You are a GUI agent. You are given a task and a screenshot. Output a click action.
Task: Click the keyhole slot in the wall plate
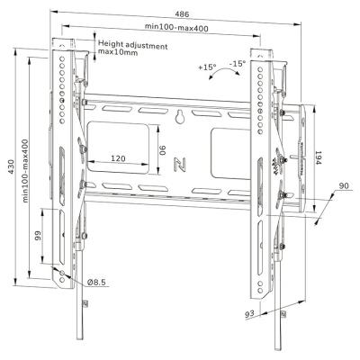[x=182, y=116]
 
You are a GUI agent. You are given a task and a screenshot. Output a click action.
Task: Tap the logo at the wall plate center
[x=180, y=164]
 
